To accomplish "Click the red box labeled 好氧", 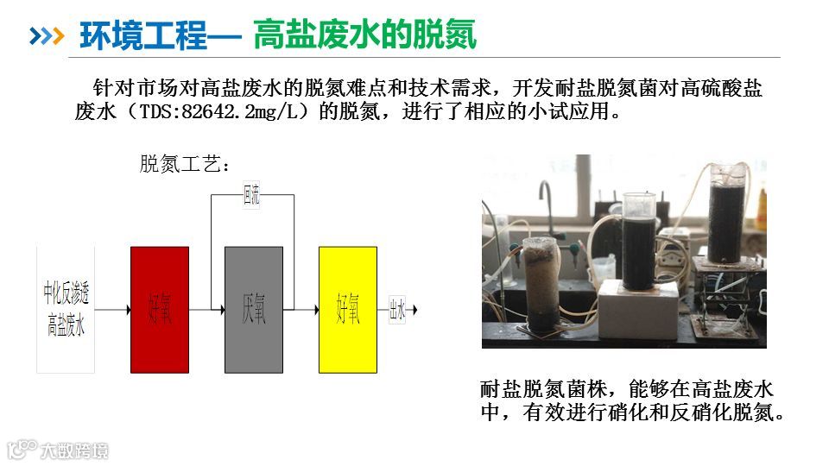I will (159, 310).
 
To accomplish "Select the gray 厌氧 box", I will (254, 310).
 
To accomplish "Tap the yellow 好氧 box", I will (348, 310).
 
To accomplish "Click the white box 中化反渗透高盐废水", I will (66, 310).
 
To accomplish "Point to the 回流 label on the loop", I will (251, 197).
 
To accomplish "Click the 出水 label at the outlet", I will (397, 310).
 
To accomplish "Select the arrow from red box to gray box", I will (206, 309).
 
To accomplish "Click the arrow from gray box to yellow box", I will (301, 309).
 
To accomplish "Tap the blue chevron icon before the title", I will (47, 36).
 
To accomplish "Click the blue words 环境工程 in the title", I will (143, 36).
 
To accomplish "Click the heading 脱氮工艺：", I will (185, 164).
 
